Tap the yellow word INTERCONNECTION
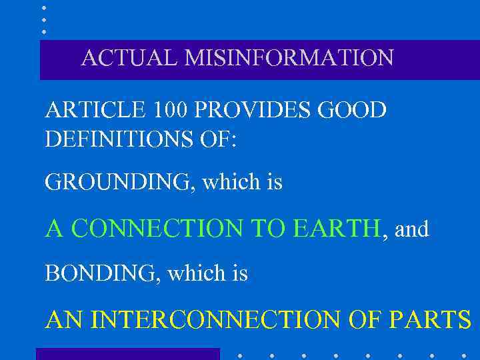pyautogui.click(x=219, y=320)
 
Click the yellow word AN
pyautogui.click(x=65, y=320)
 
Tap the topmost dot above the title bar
pyautogui.click(x=44, y=8)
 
